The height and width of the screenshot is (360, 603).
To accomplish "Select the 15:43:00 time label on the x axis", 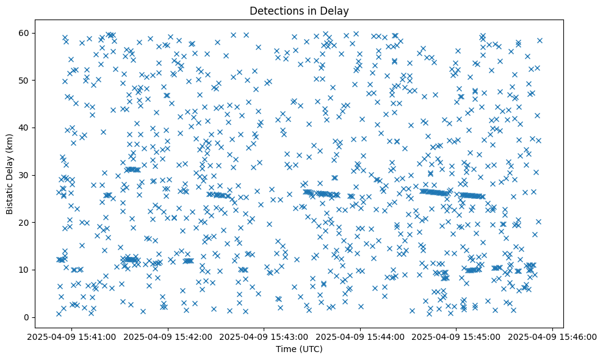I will tap(264, 337).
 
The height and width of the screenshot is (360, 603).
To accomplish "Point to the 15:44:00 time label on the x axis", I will tap(361, 337).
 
